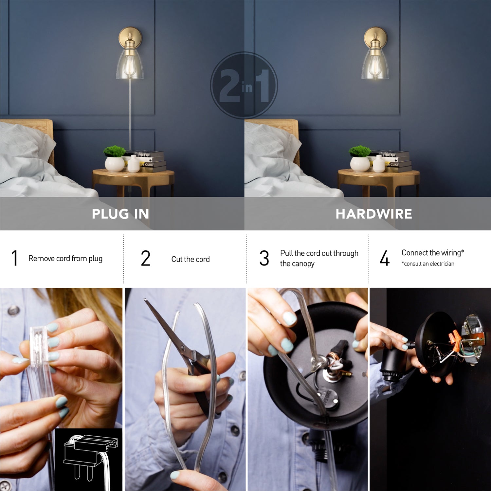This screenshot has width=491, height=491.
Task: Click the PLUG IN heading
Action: [120, 214]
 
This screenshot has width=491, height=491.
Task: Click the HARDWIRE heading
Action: [373, 214]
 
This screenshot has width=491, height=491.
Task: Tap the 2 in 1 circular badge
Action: [244, 85]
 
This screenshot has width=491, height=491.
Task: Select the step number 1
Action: [14, 258]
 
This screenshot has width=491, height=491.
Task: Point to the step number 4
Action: [385, 258]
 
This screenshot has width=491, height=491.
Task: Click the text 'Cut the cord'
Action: [190, 259]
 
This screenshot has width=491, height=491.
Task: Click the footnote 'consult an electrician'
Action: [428, 264]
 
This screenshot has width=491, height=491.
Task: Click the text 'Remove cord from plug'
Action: [65, 259]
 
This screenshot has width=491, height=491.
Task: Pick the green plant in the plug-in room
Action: [114, 151]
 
